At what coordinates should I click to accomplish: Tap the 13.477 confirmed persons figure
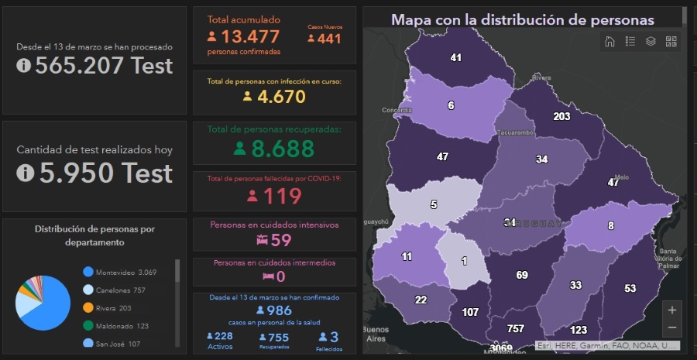249,36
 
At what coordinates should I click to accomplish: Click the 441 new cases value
324,38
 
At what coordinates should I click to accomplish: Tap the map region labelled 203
561,116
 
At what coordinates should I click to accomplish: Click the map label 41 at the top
455,57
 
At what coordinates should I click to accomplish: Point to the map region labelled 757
515,328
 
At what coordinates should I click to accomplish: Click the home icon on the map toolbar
609,42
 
